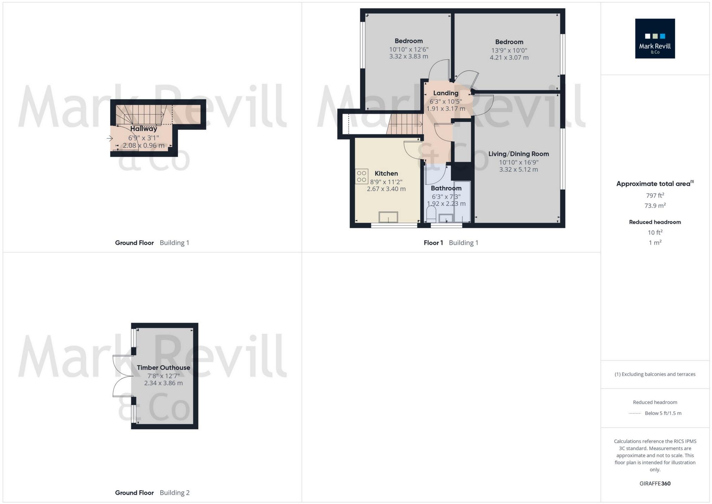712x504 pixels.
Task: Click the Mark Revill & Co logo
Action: pos(655,38)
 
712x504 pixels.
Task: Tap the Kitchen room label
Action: pos(386,174)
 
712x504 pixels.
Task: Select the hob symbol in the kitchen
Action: pos(361,176)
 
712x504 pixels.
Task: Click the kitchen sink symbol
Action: pos(388,217)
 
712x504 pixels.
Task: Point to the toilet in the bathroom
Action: pos(431,214)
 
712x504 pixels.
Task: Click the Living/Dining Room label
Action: pos(518,154)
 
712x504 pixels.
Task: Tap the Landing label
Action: pos(445,93)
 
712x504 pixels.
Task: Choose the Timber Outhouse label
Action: pos(163,368)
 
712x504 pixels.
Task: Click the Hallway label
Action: pos(144,129)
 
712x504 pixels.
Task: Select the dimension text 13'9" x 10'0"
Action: pos(509,50)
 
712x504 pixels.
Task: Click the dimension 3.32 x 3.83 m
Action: pos(408,56)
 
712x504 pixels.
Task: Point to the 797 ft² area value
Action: pos(655,196)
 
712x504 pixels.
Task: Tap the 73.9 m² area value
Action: pos(655,206)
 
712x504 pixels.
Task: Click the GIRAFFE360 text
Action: pos(655,484)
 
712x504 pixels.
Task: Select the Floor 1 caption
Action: pos(433,243)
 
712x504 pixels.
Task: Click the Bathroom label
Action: pos(446,188)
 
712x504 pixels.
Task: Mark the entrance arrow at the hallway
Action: pos(109,139)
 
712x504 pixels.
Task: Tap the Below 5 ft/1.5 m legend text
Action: pos(663,413)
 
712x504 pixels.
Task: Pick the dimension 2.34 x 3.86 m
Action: pos(163,383)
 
